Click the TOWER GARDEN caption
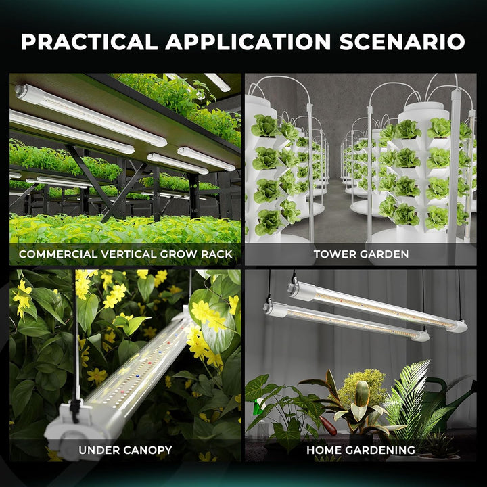361,254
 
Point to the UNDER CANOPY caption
125,449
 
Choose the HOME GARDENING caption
361,449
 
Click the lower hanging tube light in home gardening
345,322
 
